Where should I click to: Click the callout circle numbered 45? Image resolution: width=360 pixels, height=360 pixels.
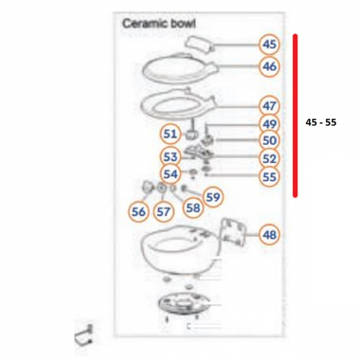point(269,45)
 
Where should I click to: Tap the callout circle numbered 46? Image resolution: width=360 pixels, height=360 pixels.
point(269,66)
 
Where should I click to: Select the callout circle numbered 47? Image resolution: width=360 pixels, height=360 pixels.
point(269,106)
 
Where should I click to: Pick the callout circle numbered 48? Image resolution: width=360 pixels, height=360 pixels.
point(269,234)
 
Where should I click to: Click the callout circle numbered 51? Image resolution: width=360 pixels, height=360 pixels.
point(170,134)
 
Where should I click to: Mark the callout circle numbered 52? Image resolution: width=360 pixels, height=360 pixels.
point(269,158)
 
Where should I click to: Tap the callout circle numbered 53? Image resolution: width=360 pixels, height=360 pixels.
point(170,156)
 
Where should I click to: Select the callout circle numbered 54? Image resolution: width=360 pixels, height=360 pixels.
point(170,174)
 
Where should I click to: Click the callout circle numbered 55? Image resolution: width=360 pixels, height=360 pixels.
point(269,176)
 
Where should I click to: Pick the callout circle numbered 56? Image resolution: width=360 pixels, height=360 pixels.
point(138,211)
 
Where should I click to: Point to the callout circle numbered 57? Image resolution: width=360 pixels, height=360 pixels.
point(163,211)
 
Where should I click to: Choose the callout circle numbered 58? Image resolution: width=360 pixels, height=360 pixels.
point(193,207)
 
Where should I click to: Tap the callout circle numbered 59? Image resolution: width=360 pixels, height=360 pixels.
point(213,197)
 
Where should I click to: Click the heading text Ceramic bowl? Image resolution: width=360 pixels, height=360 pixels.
point(159,23)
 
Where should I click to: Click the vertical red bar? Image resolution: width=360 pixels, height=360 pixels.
point(295,115)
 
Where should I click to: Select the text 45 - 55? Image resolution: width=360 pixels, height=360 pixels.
point(321,122)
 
